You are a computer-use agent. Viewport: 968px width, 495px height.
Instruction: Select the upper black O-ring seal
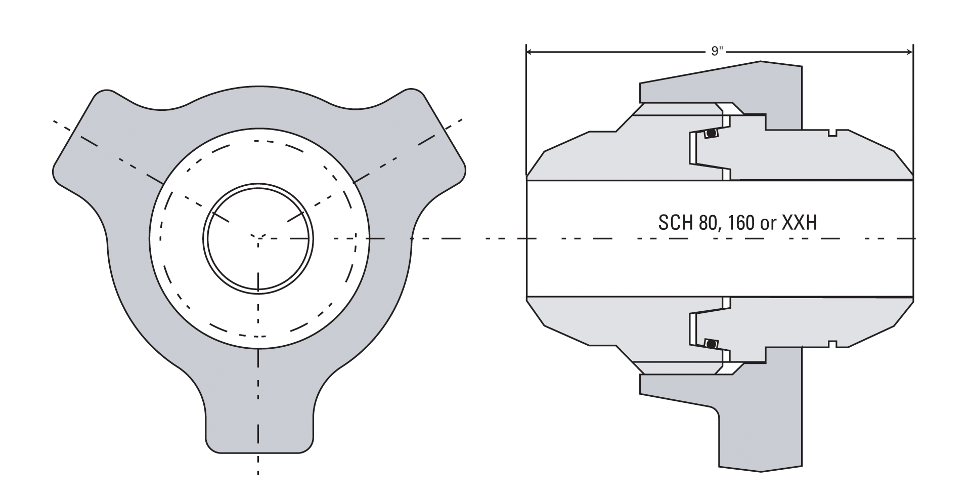[x=712, y=134]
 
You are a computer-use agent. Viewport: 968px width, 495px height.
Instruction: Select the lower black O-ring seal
[x=712, y=344]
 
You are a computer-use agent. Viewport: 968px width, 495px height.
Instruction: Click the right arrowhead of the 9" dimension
[x=908, y=52]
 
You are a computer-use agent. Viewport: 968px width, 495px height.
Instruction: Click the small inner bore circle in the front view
[x=258, y=238]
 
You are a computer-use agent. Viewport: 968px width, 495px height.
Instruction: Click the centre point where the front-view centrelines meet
[x=258, y=238]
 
